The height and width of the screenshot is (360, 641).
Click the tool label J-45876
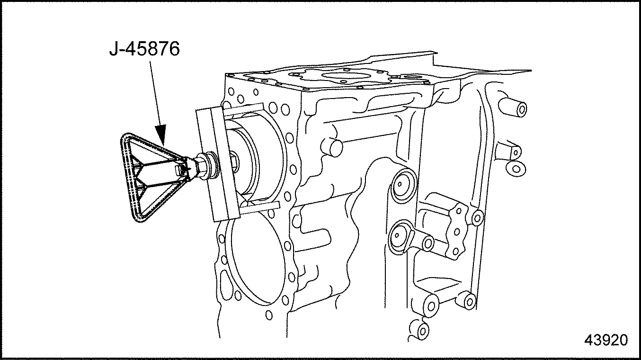(x=144, y=49)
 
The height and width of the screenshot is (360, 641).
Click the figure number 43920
(x=606, y=340)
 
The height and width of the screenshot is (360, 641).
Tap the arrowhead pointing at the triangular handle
(x=161, y=135)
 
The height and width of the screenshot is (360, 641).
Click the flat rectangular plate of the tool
(x=217, y=164)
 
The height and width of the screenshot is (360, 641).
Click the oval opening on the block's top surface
(x=347, y=76)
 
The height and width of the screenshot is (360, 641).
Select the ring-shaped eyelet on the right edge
(x=516, y=169)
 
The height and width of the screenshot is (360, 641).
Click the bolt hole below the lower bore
(x=269, y=315)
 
